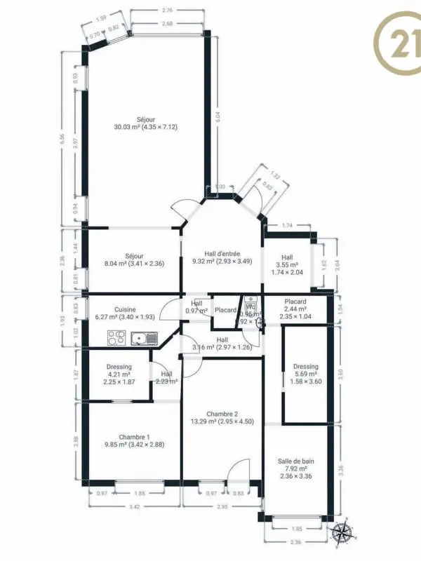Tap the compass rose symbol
(342, 531)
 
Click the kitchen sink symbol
(145, 339)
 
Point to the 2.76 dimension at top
(167, 11)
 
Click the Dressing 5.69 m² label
(305, 367)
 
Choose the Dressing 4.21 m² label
(119, 367)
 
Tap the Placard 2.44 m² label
(294, 302)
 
